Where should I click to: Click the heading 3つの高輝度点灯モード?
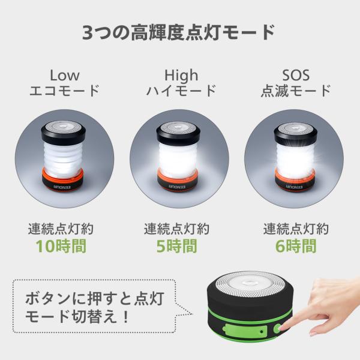pyautogui.click(x=179, y=33)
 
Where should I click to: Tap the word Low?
pyautogui.click(x=65, y=76)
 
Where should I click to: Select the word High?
pyautogui.click(x=181, y=76)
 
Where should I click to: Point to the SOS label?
pyautogui.click(x=296, y=76)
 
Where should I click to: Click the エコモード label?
pyautogui.click(x=65, y=91)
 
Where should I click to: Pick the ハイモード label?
pyautogui.click(x=181, y=91)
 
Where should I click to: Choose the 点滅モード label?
pyautogui.click(x=296, y=91)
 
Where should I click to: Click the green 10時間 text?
pyautogui.click(x=61, y=246)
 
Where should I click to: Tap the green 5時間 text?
pyautogui.click(x=176, y=246)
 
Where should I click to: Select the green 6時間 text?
pyautogui.click(x=296, y=246)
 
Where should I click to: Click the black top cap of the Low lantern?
pyautogui.click(x=64, y=133)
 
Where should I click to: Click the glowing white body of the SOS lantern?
pyautogui.click(x=296, y=158)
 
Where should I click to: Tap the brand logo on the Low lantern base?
pyautogui.click(x=62, y=187)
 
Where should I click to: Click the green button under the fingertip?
pyautogui.click(x=278, y=329)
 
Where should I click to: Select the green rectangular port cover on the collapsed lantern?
pyautogui.click(x=245, y=331)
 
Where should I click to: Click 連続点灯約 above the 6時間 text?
pyautogui.click(x=296, y=229)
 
